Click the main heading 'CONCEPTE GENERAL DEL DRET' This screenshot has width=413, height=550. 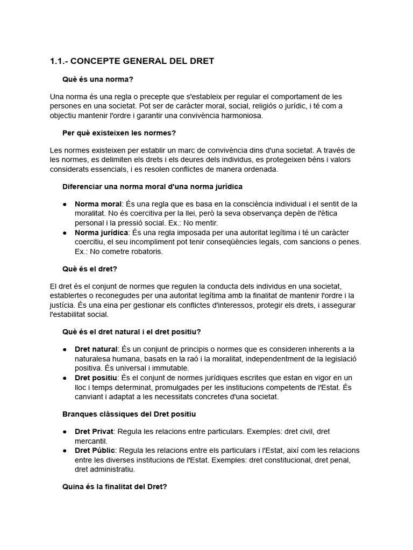(x=146, y=61)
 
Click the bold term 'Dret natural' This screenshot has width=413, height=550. (x=96, y=349)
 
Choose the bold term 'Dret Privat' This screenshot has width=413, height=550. (x=94, y=431)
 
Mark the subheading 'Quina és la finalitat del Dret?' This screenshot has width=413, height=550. (x=115, y=487)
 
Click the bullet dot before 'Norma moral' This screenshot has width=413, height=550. (x=65, y=205)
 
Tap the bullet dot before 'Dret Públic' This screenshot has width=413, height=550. (x=65, y=451)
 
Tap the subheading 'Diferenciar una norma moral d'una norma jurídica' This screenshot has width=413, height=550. (x=152, y=186)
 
